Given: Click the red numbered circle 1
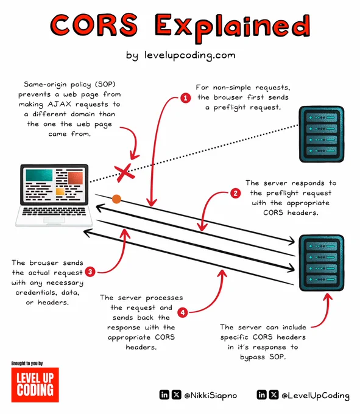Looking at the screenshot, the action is click(185, 98).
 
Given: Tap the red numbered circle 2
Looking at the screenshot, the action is click(235, 193).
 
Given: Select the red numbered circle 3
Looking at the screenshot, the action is click(90, 272).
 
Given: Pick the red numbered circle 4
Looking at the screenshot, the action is click(183, 312).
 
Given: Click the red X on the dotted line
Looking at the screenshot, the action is click(124, 173).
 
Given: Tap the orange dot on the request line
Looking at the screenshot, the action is click(116, 199).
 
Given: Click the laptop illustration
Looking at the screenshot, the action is click(54, 195).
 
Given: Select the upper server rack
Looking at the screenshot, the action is click(322, 134).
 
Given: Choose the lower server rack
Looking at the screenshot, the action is click(322, 263).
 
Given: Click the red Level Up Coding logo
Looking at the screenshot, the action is click(35, 385).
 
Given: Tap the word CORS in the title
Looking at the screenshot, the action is click(94, 25).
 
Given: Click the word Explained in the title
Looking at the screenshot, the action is click(233, 28).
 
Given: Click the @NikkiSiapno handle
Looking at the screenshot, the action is click(211, 395).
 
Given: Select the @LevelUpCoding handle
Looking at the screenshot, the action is click(316, 395).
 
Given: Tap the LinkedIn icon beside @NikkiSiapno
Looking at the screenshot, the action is click(164, 395).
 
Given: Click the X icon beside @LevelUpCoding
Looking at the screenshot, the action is click(274, 395).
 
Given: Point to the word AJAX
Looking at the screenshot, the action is click(60, 104).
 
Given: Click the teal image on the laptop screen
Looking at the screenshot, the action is click(39, 175).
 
